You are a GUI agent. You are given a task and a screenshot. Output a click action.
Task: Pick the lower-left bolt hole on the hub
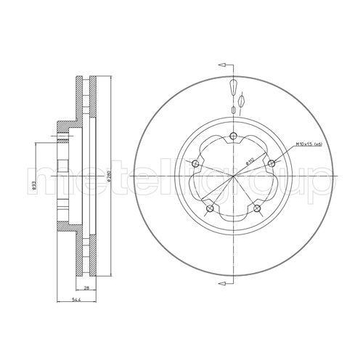[x=210, y=209]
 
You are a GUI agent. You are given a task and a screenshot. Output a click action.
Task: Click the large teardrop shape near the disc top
[x=232, y=88]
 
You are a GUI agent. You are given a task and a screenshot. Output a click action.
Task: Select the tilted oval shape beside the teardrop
[x=243, y=96]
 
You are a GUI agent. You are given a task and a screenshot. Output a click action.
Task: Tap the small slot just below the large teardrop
[x=232, y=109]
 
